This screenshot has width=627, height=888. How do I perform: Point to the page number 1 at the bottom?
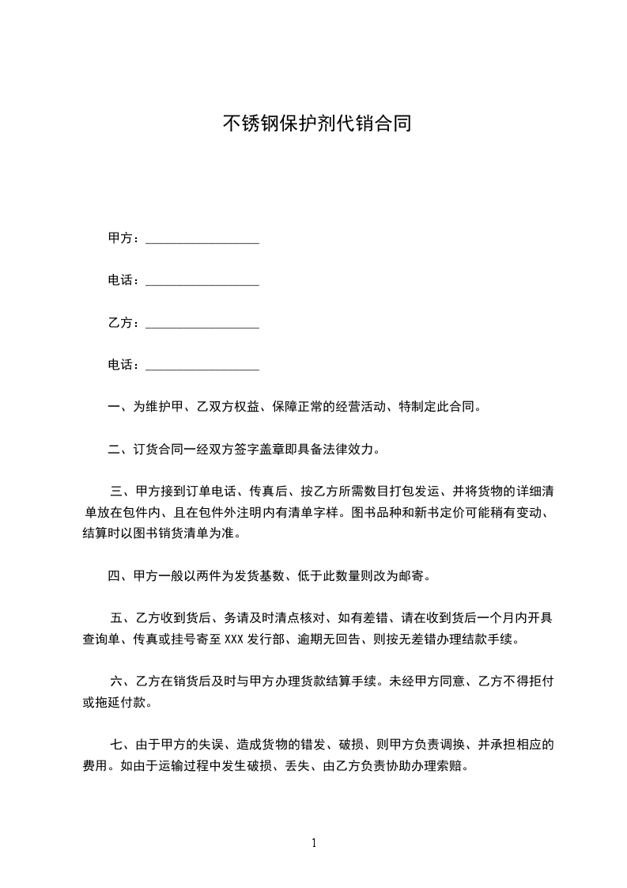click(314, 843)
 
